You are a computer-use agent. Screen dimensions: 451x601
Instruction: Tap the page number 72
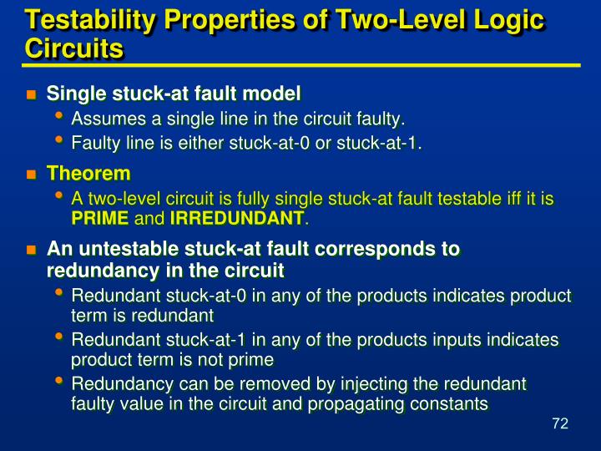click(559, 424)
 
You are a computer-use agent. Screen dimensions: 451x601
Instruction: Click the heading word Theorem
click(88, 174)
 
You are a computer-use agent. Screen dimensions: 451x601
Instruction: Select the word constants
click(447, 404)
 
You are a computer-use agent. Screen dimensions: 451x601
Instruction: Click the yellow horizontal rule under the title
click(300, 64)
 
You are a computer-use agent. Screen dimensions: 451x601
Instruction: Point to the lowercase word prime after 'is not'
click(254, 360)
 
